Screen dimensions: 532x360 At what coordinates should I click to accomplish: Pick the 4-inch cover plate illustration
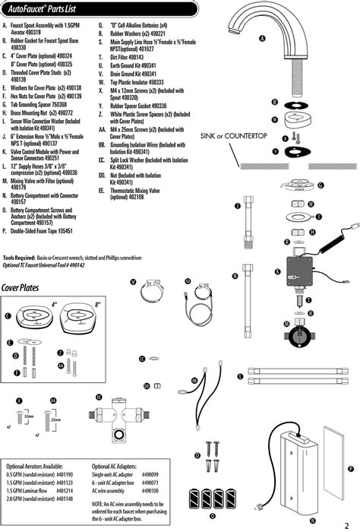pyautogui.click(x=33, y=314)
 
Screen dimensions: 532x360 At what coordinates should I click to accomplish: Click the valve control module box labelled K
pyautogui.click(x=299, y=269)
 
